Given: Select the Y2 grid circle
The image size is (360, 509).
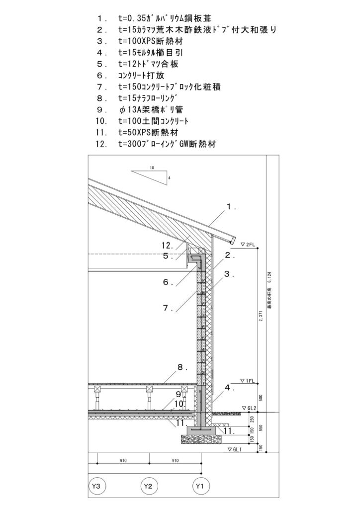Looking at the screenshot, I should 148,485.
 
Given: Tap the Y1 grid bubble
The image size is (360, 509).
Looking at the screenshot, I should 200,485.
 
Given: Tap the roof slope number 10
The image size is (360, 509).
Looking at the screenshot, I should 152,168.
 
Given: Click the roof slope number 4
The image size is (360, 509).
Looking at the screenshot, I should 169,177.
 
